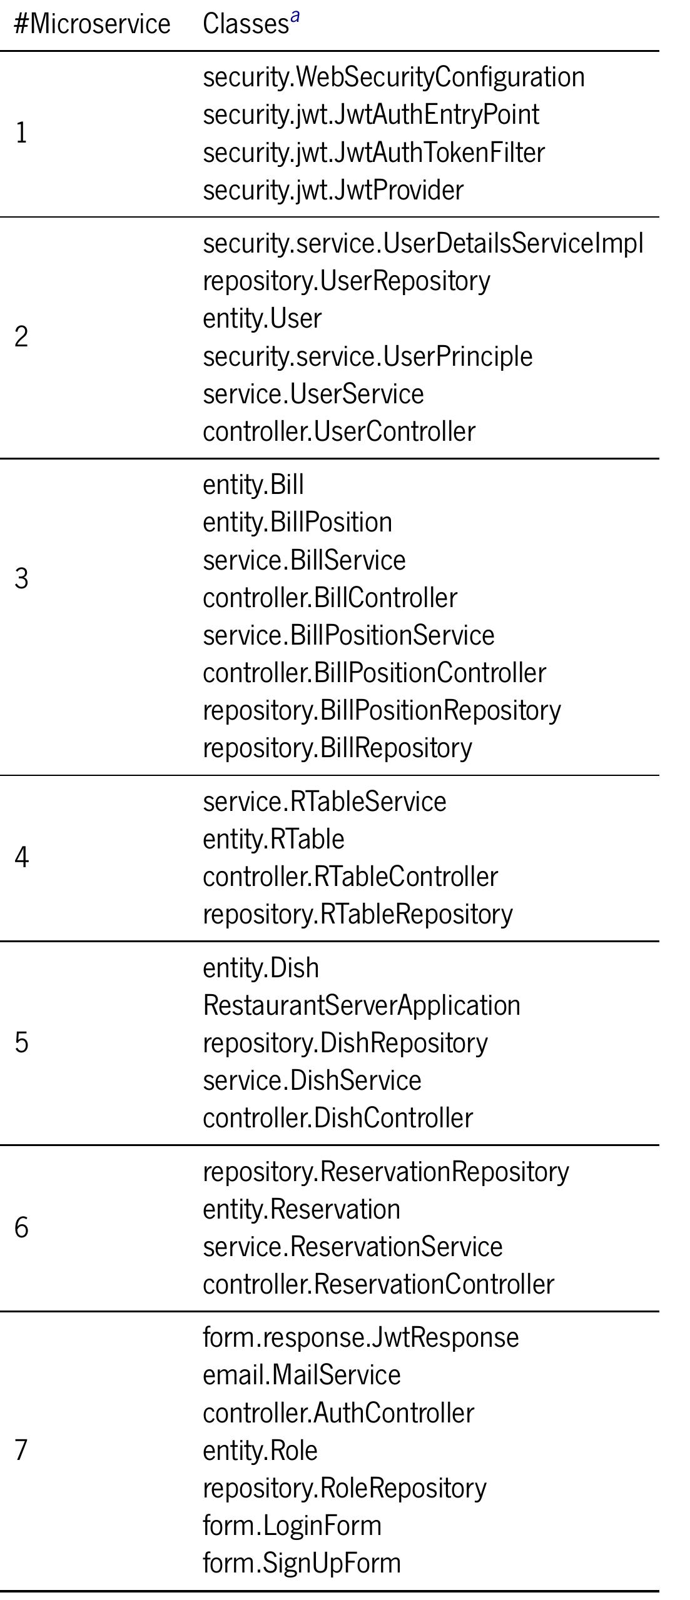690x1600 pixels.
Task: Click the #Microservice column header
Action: tap(92, 24)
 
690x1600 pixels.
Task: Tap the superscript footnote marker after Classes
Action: tap(295, 16)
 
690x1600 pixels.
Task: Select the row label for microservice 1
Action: tap(21, 133)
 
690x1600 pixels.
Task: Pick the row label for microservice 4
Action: tap(21, 857)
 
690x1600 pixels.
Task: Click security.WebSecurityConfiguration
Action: tap(393, 78)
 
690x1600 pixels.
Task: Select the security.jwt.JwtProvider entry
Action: tap(333, 190)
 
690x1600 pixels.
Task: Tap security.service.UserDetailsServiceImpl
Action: tap(423, 244)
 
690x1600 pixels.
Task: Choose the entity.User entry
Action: tap(262, 318)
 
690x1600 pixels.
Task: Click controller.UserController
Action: tap(339, 431)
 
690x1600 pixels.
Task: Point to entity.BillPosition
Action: tap(297, 523)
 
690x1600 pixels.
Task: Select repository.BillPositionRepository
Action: tap(382, 711)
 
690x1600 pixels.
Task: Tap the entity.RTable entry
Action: tap(273, 839)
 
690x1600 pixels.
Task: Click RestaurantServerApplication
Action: tap(362, 1005)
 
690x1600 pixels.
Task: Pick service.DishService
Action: tap(312, 1080)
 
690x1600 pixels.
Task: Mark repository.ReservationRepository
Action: tap(386, 1172)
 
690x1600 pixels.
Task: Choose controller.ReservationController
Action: tap(378, 1284)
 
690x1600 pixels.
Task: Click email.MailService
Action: tap(302, 1375)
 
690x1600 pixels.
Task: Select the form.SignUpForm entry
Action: tap(302, 1563)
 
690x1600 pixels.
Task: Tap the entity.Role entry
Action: tap(260, 1450)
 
